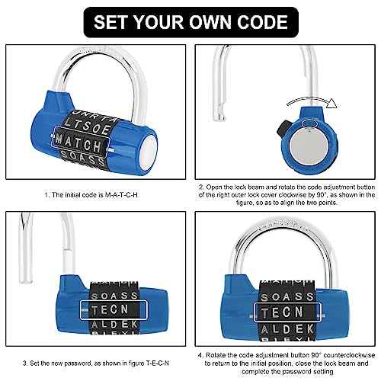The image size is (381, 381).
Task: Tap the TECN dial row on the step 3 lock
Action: pyautogui.click(x=114, y=310)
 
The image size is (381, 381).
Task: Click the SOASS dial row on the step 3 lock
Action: pyautogui.click(x=114, y=294)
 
